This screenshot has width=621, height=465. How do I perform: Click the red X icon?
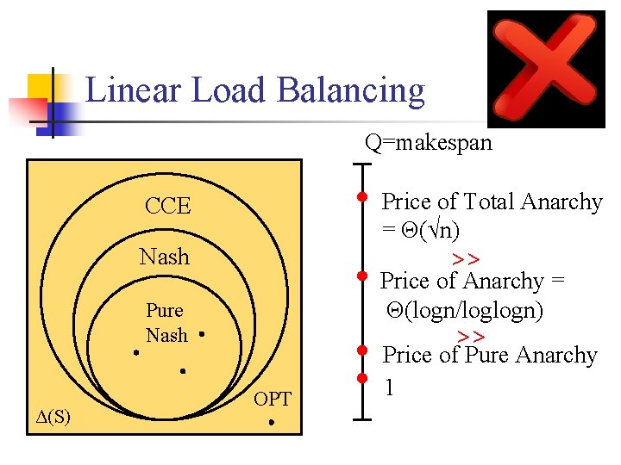pyautogui.click(x=546, y=68)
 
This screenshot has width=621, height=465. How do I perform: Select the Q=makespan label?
pyautogui.click(x=429, y=143)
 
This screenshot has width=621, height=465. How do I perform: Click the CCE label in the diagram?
pyautogui.click(x=167, y=206)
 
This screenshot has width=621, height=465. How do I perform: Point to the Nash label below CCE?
pyautogui.click(x=164, y=257)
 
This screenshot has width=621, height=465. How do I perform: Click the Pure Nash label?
pyautogui.click(x=166, y=323)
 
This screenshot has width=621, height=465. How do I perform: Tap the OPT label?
pyautogui.click(x=273, y=399)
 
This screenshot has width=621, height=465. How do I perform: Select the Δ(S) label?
pyautogui.click(x=53, y=417)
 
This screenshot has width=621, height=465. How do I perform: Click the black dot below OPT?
pyautogui.click(x=271, y=423)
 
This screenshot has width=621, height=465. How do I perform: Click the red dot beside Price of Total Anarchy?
pyautogui.click(x=363, y=197)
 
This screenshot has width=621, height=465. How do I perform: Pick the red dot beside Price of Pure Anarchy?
pyautogui.click(x=363, y=350)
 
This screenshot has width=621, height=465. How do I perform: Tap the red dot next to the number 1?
pyautogui.click(x=363, y=378)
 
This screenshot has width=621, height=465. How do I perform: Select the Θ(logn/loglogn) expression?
pyautogui.click(x=466, y=310)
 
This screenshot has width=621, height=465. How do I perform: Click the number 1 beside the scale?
pyautogui.click(x=390, y=388)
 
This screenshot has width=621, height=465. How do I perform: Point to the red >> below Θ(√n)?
pyautogui.click(x=466, y=259)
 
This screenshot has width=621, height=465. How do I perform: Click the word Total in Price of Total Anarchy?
pyautogui.click(x=491, y=201)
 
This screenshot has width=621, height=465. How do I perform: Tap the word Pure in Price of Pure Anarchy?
pyautogui.click(x=488, y=355)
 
